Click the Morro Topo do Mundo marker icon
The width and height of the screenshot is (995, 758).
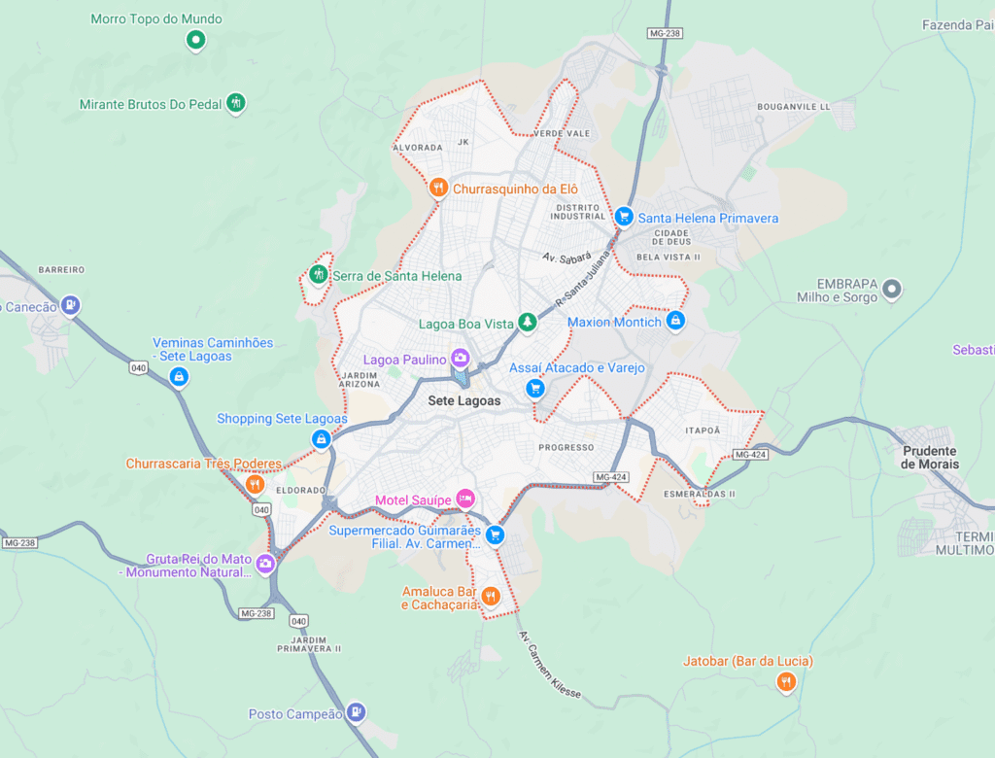coord(195,40)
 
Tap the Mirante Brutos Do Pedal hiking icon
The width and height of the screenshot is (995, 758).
coord(235,103)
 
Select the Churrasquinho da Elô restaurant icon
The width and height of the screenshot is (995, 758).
coord(438,188)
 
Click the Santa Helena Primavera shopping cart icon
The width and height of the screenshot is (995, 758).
coord(624,217)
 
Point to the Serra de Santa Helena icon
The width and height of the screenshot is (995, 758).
coord(318,275)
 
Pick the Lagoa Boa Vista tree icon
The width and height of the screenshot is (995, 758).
coord(527,322)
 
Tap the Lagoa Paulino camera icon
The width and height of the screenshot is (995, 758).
coord(461,359)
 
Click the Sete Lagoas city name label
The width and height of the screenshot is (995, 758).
coord(464,400)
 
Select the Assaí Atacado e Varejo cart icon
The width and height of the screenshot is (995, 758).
coord(534,389)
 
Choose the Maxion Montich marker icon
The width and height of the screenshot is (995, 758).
coord(676,320)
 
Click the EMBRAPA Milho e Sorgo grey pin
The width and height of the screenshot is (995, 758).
coord(891,289)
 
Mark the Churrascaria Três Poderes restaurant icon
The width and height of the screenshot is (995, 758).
coord(255,484)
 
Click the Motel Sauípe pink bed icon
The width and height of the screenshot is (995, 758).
coord(465,499)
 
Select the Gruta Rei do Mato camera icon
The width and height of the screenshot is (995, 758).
coord(264,563)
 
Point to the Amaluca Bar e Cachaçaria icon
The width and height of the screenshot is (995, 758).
coord(491,596)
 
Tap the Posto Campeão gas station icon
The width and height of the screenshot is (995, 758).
coord(356,712)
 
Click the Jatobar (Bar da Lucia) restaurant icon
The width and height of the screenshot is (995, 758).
coord(786,682)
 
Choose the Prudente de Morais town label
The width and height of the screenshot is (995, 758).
coord(929,457)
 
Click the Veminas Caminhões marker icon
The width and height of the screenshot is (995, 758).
coord(179,377)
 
